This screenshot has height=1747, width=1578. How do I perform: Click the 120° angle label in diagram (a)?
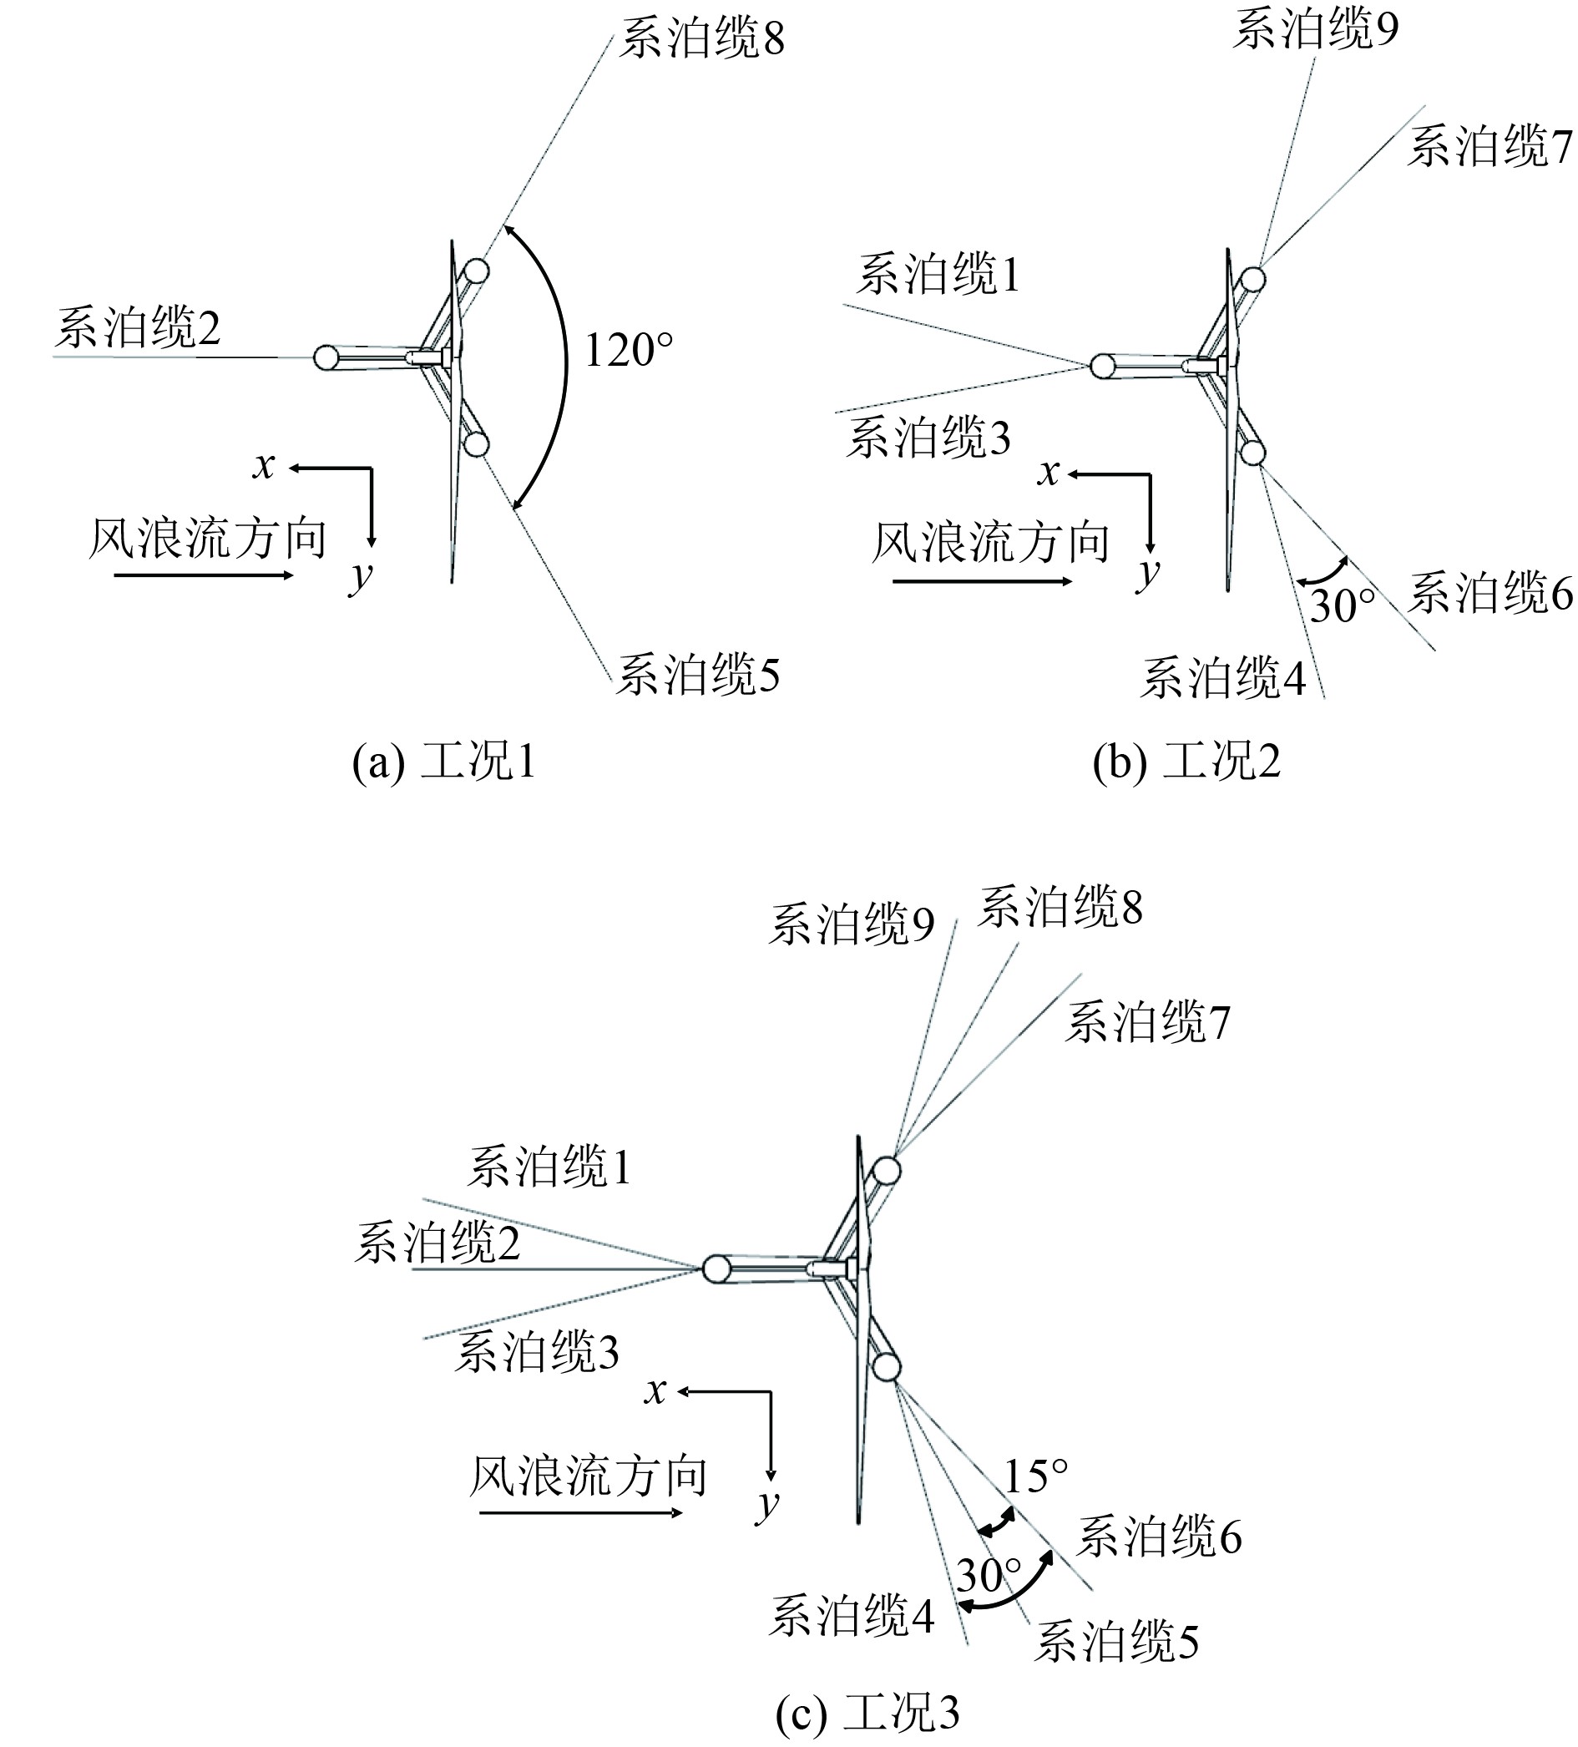[628, 351]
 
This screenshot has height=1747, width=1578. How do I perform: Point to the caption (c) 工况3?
[867, 1710]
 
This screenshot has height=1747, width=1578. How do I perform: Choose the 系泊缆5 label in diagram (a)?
[698, 675]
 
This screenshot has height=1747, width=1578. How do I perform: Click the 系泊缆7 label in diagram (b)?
[1489, 146]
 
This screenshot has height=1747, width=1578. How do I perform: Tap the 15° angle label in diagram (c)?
[1035, 1475]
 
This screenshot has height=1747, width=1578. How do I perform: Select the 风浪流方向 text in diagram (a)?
[208, 539]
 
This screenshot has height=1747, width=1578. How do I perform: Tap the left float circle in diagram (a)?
[326, 358]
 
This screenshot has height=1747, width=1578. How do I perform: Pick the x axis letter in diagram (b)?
[1049, 473]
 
